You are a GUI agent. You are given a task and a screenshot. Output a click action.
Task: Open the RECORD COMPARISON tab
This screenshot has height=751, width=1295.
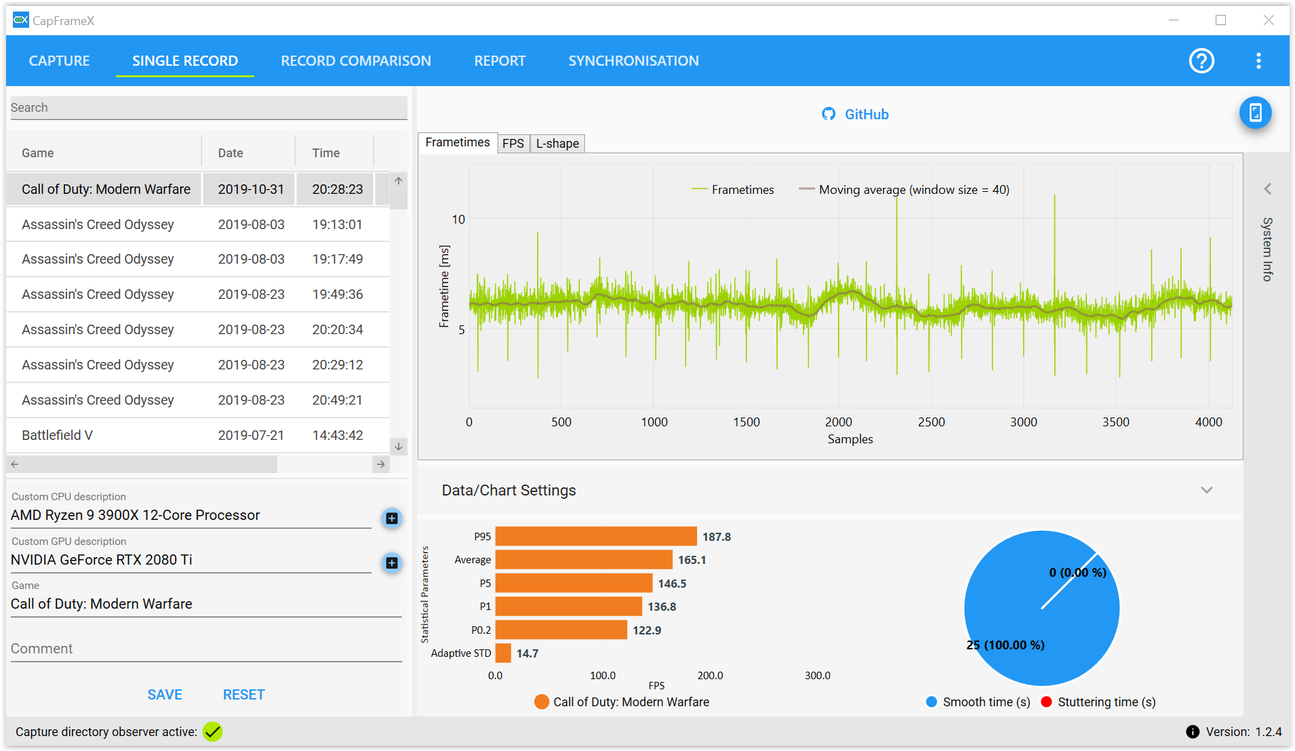tap(356, 61)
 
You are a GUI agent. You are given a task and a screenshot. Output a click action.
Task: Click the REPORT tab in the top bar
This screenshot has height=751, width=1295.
tap(500, 61)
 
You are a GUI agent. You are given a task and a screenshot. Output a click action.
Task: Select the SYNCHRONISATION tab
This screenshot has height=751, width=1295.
tap(633, 61)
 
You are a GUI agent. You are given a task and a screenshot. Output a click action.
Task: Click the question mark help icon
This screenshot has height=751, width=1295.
tap(1201, 61)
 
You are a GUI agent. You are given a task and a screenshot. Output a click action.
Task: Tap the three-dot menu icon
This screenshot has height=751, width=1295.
tap(1258, 61)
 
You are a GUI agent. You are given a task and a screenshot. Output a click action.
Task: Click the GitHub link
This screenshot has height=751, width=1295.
tap(855, 115)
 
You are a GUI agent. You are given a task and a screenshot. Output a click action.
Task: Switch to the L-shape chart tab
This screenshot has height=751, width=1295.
tap(557, 144)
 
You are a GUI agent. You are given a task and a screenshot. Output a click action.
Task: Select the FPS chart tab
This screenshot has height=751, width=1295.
tap(513, 144)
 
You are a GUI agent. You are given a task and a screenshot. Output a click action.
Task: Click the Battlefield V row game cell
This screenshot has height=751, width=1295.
tap(57, 435)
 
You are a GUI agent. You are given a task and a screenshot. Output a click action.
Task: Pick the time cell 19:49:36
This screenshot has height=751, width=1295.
tap(338, 294)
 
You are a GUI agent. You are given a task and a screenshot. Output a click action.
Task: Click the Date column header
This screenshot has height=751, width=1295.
tap(231, 153)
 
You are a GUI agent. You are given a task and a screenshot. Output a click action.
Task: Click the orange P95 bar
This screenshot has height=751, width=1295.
tap(596, 536)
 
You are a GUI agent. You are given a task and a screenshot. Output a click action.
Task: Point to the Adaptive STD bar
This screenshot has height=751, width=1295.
tap(503, 653)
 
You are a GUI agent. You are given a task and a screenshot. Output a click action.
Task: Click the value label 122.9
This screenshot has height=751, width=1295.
tap(647, 630)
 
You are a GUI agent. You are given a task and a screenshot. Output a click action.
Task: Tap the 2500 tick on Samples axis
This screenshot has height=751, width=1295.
tap(931, 422)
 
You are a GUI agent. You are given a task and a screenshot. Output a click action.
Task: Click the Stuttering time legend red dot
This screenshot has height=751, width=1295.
tap(1046, 702)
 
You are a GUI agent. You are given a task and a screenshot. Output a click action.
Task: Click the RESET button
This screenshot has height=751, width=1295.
tap(244, 695)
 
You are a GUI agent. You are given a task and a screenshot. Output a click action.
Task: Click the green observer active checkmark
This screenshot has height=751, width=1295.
tap(213, 732)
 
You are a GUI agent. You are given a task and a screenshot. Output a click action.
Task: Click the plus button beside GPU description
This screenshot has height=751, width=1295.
tap(392, 563)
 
